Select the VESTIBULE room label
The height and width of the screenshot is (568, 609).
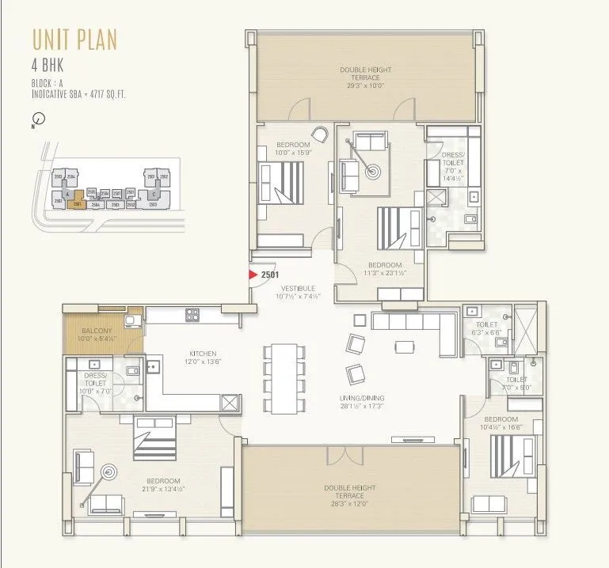coord(295,289)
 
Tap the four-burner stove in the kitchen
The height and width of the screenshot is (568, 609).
coord(192,314)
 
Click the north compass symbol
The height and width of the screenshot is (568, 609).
coord(40,119)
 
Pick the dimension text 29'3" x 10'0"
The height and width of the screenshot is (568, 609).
coord(365,85)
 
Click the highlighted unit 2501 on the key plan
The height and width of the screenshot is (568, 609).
coord(76,204)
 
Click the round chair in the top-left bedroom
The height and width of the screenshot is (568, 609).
coord(320,134)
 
